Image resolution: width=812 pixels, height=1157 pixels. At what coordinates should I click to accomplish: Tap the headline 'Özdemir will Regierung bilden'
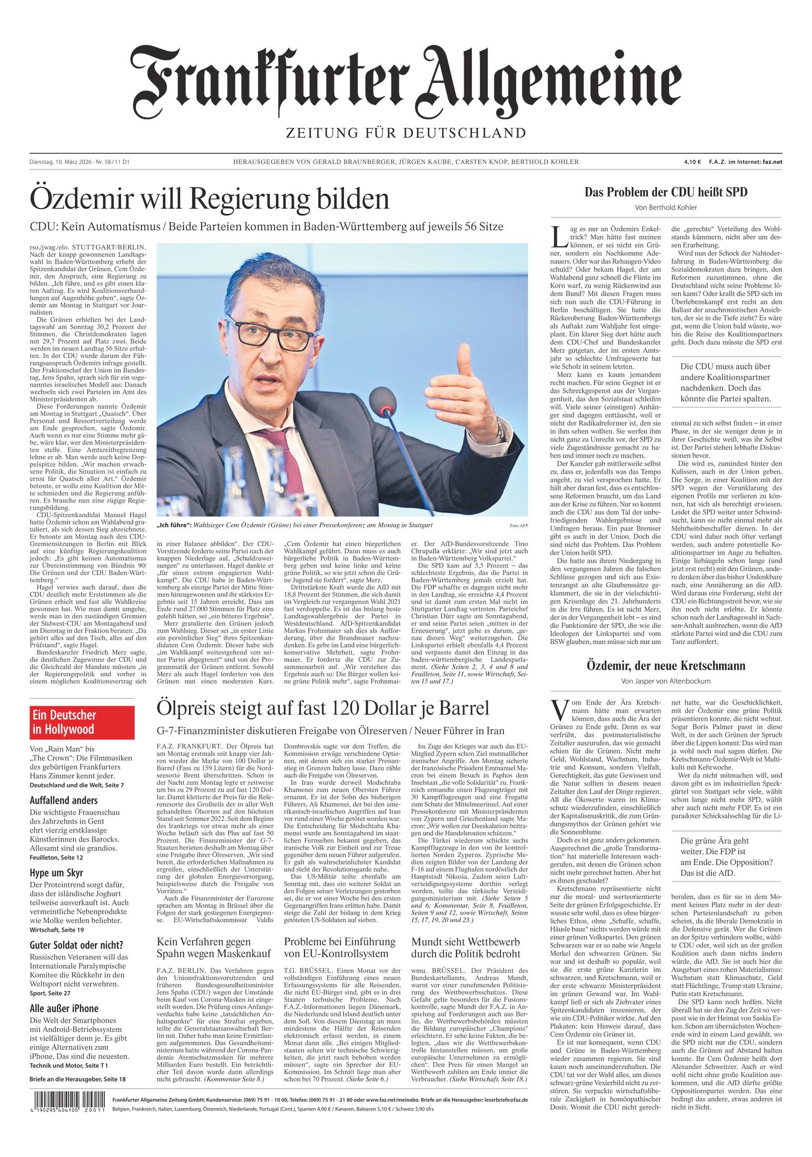point(210,199)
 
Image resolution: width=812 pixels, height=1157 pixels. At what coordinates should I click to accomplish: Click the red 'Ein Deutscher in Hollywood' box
point(82,722)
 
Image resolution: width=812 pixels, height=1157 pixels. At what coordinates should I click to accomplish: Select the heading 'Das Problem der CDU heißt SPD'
point(666,192)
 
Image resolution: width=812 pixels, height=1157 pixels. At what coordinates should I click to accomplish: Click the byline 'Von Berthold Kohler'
point(666,207)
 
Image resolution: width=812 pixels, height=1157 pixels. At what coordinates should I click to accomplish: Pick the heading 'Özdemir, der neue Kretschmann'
point(666,666)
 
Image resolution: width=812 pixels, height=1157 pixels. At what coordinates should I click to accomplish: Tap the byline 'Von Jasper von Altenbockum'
point(666,681)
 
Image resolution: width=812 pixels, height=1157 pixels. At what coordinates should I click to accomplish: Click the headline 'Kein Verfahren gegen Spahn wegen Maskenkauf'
point(214,947)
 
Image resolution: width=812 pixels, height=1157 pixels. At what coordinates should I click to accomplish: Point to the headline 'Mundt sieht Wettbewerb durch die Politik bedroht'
point(466,947)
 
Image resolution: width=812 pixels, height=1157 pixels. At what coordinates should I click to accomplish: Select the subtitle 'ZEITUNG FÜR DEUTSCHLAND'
point(405,132)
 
